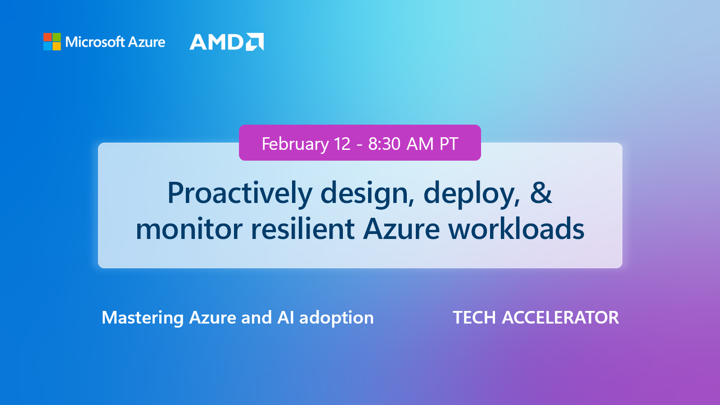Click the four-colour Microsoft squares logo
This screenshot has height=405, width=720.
click(x=52, y=41)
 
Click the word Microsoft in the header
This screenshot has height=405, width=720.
click(x=95, y=42)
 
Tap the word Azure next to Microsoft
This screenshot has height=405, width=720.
click(x=147, y=42)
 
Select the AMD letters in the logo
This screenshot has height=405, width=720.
click(x=216, y=42)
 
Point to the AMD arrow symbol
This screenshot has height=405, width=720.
click(x=255, y=42)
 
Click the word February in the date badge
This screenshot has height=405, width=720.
click(x=295, y=144)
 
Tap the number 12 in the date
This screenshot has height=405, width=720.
click(x=342, y=144)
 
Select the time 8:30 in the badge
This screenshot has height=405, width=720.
click(x=384, y=144)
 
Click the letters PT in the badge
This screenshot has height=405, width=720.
click(x=449, y=144)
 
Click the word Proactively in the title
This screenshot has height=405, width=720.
click(x=239, y=193)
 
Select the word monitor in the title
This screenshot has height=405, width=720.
click(x=189, y=229)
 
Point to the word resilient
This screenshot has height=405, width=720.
click(x=303, y=229)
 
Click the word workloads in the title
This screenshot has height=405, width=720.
click(x=516, y=229)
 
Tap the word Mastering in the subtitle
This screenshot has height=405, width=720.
click(x=142, y=318)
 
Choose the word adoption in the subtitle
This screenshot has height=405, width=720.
click(x=336, y=318)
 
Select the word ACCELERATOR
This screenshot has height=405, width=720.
click(x=560, y=318)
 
